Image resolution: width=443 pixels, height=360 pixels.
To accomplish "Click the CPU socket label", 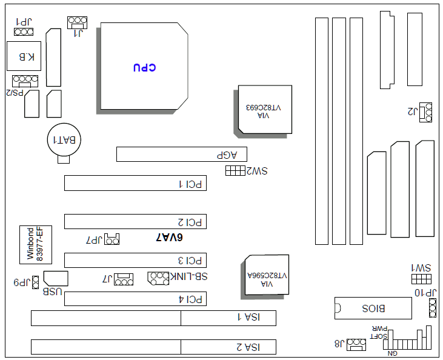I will click(x=144, y=67).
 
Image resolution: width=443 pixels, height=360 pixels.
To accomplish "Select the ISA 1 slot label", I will click(x=247, y=317).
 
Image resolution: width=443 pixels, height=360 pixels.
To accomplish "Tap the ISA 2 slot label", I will click(x=247, y=347).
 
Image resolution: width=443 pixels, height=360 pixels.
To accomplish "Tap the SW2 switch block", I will click(x=235, y=171).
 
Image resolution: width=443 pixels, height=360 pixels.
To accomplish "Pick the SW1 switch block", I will click(x=421, y=278).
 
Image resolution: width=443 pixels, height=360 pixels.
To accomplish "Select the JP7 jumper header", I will click(x=112, y=239).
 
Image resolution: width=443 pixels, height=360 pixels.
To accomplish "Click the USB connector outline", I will click(x=56, y=279).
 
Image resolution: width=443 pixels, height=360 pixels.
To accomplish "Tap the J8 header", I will click(x=356, y=344).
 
